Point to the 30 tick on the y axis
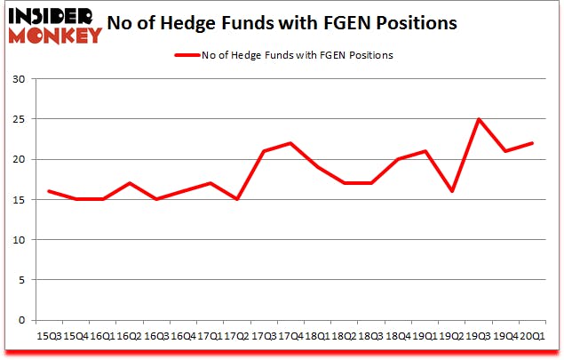point(17,79)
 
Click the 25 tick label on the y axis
point(17,119)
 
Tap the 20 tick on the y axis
point(17,159)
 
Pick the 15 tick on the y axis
point(17,199)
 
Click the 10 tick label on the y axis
point(17,240)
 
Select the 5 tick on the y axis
point(20,280)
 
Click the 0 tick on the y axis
point(20,320)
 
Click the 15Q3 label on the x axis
point(48,335)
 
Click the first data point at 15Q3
point(48,191)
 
